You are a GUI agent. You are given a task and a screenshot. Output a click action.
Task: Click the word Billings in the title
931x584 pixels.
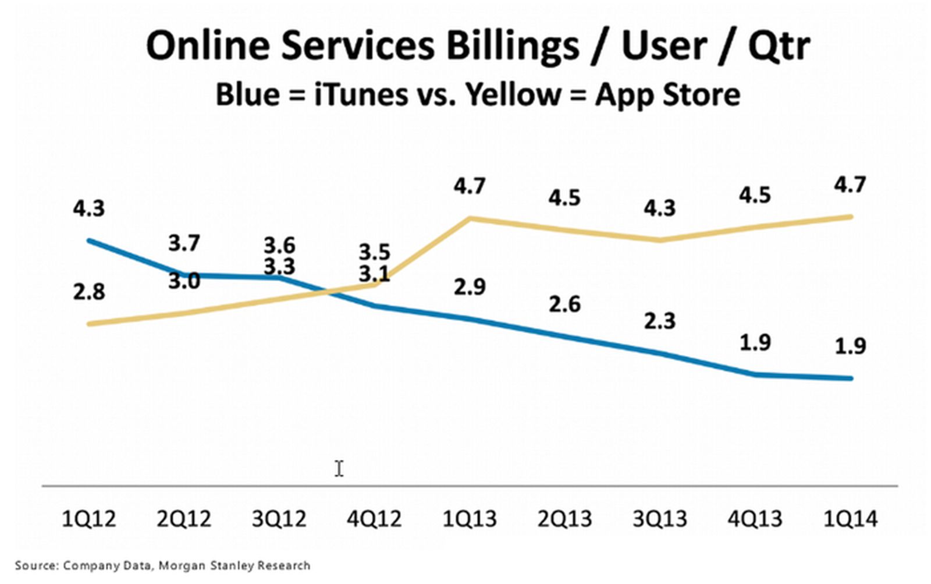(x=512, y=45)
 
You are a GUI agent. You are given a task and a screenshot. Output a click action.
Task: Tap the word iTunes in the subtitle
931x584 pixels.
(x=361, y=94)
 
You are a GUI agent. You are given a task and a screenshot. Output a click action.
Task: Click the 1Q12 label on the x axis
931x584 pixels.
(x=88, y=518)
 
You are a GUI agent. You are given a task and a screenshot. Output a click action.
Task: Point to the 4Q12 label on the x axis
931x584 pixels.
(x=374, y=518)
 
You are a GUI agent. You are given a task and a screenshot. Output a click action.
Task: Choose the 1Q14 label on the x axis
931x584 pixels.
(x=850, y=518)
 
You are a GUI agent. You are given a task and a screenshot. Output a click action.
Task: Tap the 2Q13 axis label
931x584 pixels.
(x=564, y=518)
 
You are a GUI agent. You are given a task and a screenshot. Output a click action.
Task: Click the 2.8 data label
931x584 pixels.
(x=88, y=292)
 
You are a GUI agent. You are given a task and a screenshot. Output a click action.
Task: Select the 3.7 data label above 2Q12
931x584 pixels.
(x=184, y=243)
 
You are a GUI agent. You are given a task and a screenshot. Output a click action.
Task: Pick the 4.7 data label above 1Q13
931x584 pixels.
(x=470, y=186)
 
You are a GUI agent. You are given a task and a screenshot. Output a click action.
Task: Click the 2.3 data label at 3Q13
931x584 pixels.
(x=660, y=321)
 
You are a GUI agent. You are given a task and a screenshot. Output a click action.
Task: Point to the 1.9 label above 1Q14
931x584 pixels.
(x=850, y=346)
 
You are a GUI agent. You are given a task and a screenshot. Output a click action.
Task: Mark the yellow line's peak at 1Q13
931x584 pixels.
(x=470, y=218)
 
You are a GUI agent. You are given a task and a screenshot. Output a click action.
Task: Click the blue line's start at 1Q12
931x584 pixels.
(x=88, y=240)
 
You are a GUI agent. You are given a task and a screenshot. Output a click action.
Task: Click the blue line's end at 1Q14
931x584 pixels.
(x=851, y=378)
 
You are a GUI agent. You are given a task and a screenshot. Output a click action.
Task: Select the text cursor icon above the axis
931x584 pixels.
(x=339, y=468)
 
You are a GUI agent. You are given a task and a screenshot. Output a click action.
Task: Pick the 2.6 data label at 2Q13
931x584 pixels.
(x=564, y=304)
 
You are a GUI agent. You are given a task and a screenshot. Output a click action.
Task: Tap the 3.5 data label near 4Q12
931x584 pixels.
(x=374, y=252)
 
